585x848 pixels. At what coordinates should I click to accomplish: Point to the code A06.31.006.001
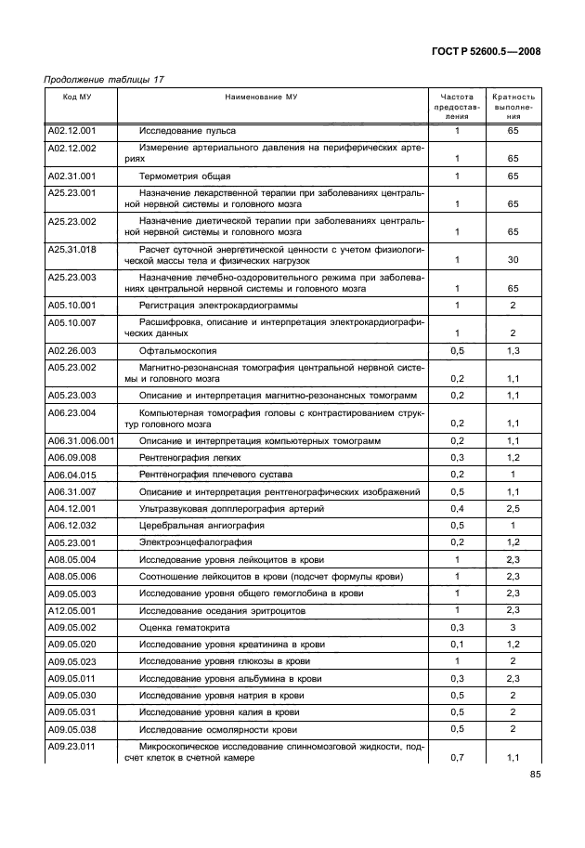point(81,441)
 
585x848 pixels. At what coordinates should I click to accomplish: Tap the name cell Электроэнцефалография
point(195,541)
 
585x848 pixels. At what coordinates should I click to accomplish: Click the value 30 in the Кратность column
point(513,260)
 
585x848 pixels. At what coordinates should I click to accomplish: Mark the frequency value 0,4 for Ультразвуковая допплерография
point(457,508)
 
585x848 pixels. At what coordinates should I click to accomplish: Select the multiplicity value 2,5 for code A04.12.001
point(513,508)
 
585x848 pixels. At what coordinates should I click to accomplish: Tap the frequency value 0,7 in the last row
point(457,758)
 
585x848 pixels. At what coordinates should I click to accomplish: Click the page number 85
point(535,776)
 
